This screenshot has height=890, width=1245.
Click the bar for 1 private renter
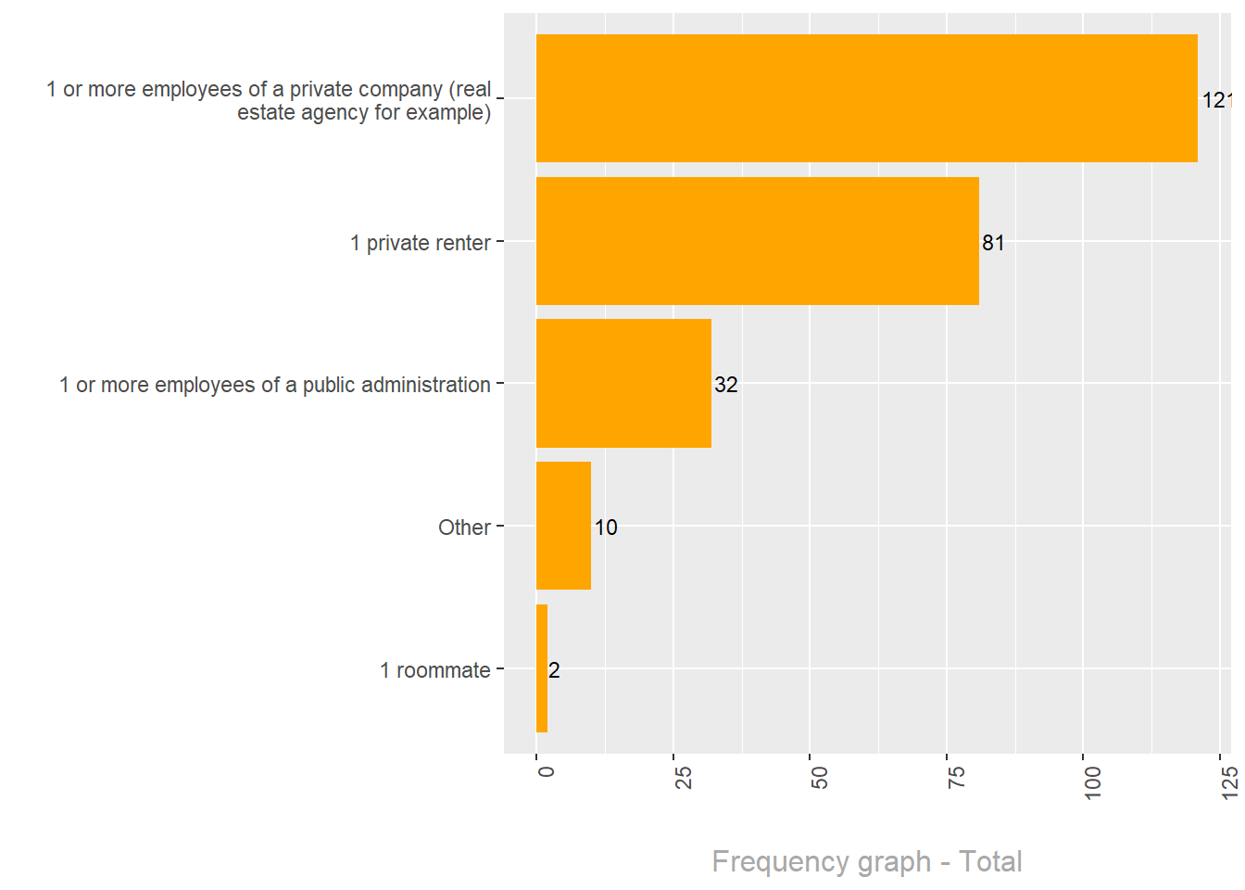click(x=757, y=241)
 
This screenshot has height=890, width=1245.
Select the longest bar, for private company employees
click(x=866, y=98)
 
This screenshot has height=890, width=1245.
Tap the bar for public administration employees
click(x=623, y=383)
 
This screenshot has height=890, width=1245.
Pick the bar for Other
click(x=563, y=526)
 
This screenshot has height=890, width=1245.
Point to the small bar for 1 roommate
click(x=542, y=668)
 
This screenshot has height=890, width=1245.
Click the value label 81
click(x=993, y=243)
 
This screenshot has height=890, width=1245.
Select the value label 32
click(x=726, y=385)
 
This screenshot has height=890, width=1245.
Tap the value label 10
click(x=606, y=528)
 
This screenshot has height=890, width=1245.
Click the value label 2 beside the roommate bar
click(x=554, y=670)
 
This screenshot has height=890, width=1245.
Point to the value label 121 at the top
click(x=1216, y=100)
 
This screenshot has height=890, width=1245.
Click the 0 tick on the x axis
click(x=546, y=771)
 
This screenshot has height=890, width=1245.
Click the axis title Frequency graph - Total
click(x=866, y=861)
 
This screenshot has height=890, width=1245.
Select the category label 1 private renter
click(x=421, y=243)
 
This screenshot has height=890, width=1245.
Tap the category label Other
click(x=464, y=528)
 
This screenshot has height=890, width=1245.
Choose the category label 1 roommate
click(x=435, y=670)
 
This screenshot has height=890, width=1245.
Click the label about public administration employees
click(x=275, y=385)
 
